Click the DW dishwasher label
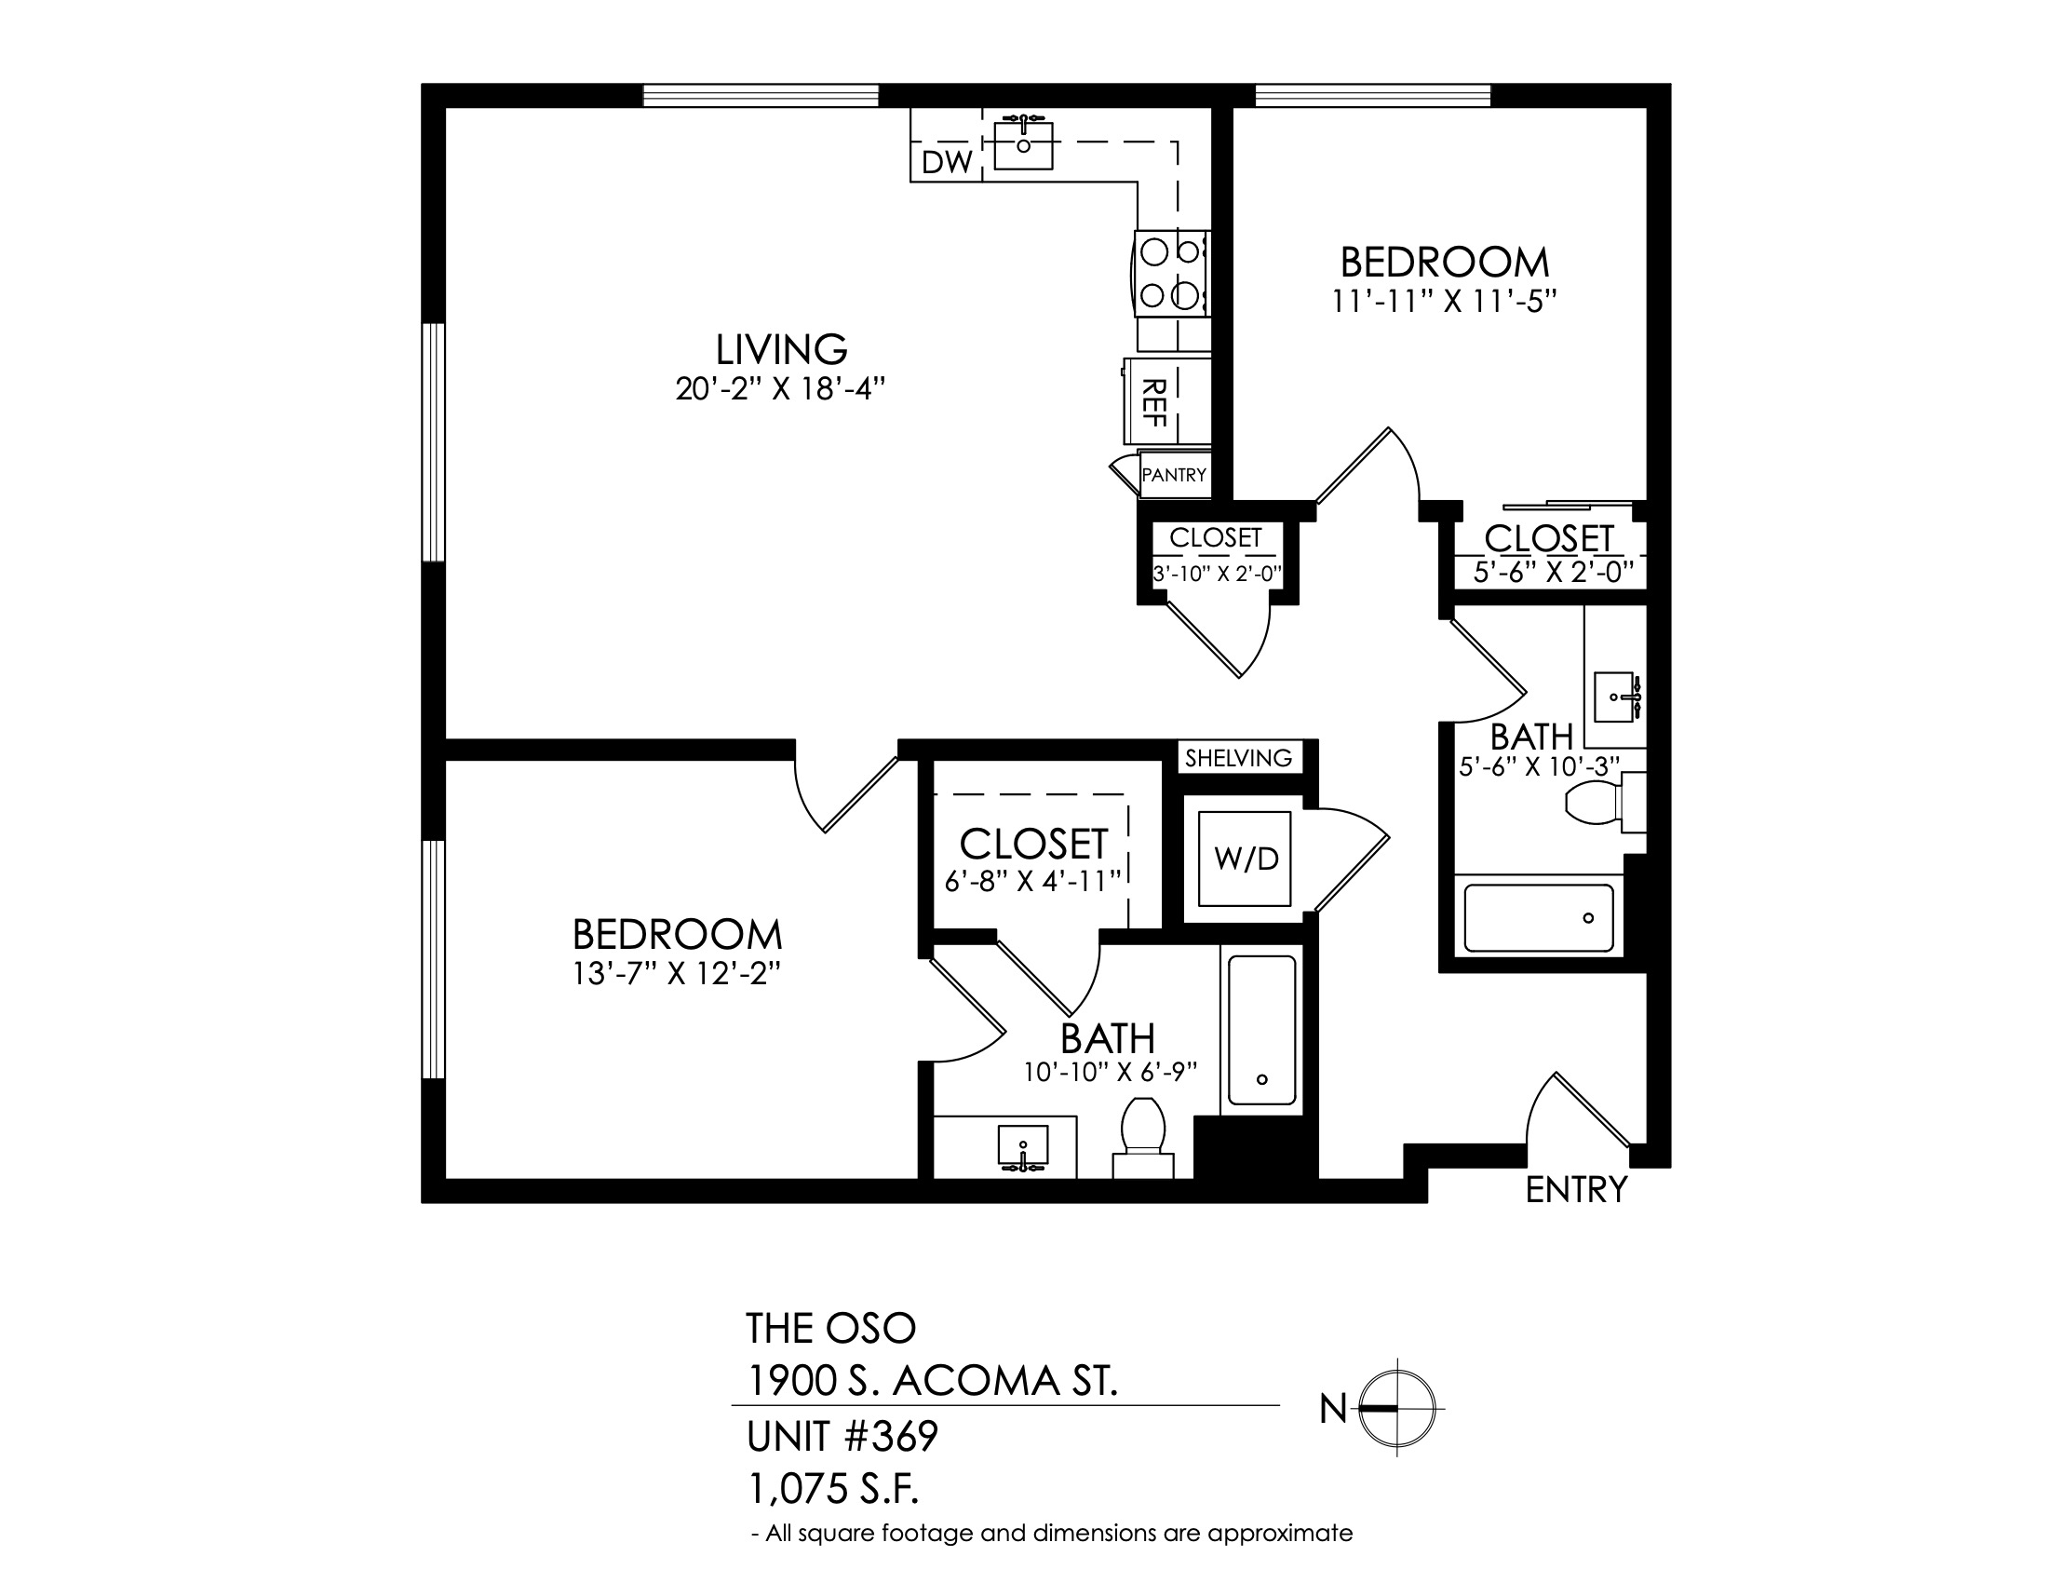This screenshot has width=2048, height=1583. pos(946,162)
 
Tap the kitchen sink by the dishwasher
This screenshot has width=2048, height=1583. pos(1023,143)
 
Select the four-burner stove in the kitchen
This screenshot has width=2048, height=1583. pos(1171,274)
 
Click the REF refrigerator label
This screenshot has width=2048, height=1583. pos(1154,402)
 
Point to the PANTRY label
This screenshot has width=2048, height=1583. pos(1174,476)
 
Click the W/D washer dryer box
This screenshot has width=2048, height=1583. pos(1246,859)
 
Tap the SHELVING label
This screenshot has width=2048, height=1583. pos(1238,758)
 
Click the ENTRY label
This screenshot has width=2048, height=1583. pos(1576,1189)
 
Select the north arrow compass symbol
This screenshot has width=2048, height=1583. pos(1397,1408)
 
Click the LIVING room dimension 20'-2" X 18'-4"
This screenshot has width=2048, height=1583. pos(781,389)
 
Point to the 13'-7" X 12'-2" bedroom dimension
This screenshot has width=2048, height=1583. pos(677,974)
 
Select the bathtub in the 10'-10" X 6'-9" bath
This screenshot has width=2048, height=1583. pos(1262,1030)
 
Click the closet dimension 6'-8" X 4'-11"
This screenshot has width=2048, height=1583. pos(1033,882)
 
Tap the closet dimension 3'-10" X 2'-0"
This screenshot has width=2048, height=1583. pos(1217,574)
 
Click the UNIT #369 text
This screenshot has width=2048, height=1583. pos(842,1436)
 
